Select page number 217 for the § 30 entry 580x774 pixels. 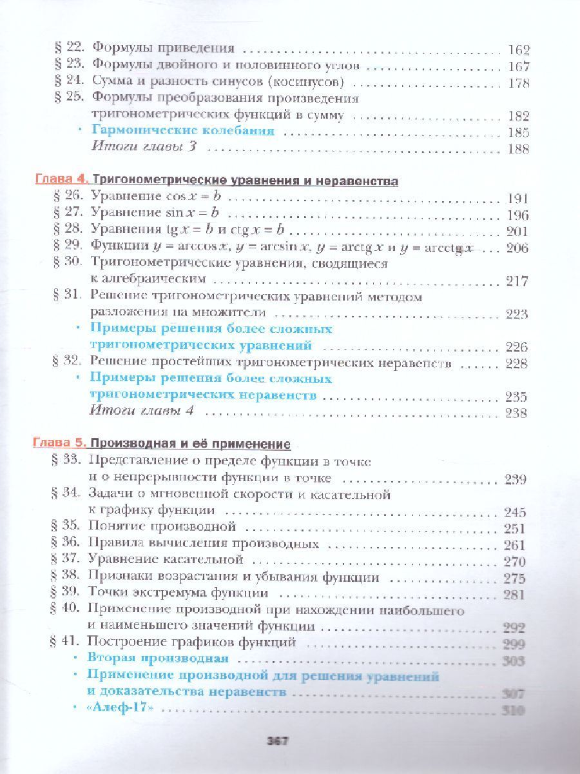(x=517, y=281)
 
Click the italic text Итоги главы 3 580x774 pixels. (x=144, y=148)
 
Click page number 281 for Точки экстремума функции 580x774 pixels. (x=515, y=594)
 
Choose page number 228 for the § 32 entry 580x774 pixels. (x=517, y=363)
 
